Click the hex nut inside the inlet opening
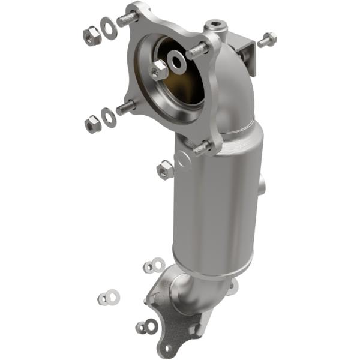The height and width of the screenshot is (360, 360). point(159,70)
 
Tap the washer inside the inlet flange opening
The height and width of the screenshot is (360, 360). point(178,60)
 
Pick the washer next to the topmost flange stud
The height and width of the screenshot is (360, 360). point(109,28)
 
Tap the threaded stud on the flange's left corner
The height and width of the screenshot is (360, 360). point(125,109)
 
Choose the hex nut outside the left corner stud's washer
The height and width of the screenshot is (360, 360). point(92,124)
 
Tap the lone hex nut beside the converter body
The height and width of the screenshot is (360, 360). point(165,170)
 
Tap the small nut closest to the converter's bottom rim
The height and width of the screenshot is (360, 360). point(148,266)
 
